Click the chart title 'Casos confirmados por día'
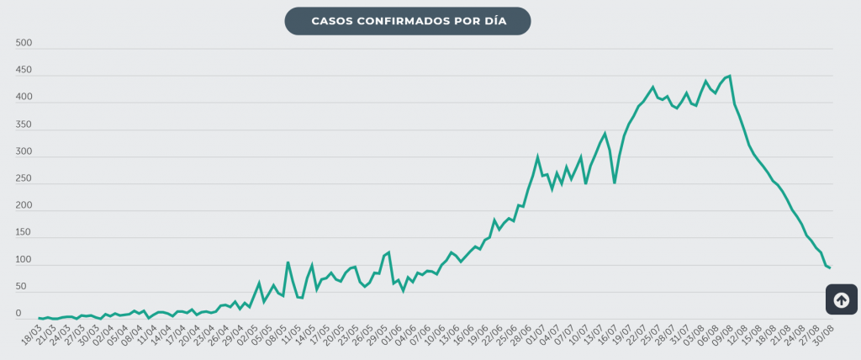click(x=409, y=21)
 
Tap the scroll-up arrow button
click(x=841, y=299)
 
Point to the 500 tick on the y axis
click(x=24, y=44)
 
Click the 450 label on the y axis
click(x=24, y=71)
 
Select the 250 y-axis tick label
click(x=24, y=179)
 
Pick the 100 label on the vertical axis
click(x=24, y=260)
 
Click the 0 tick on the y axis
click(x=18, y=314)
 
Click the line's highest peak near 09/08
click(x=730, y=76)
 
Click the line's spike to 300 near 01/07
click(x=537, y=156)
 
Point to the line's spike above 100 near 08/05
click(x=288, y=262)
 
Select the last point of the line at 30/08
click(x=830, y=267)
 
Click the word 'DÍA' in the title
click(x=495, y=21)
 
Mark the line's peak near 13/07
click(x=605, y=133)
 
